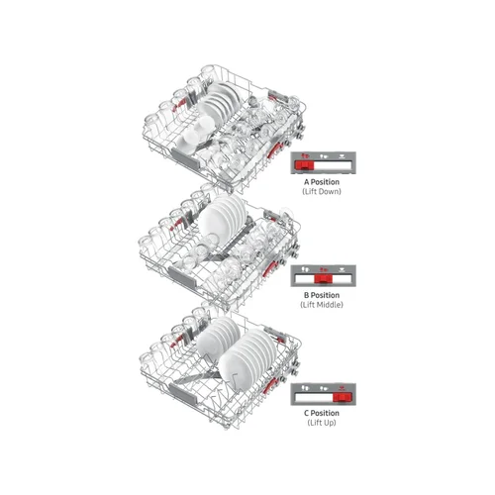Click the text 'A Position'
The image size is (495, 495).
click(x=322, y=182)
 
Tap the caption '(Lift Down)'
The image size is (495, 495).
click(x=322, y=191)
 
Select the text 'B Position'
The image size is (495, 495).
click(x=322, y=295)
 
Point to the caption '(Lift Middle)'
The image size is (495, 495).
click(x=322, y=305)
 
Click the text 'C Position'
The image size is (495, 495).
click(x=322, y=413)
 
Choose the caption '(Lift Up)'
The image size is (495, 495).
click(x=322, y=423)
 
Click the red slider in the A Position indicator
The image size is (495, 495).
click(x=304, y=165)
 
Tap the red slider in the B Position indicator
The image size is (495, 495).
click(x=323, y=279)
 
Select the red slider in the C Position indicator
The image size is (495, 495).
click(x=343, y=397)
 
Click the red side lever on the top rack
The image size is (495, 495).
click(x=274, y=149)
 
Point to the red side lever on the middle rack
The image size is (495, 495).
click(x=269, y=268)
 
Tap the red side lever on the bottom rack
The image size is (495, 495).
click(x=270, y=385)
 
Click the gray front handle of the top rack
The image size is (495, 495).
click(x=185, y=159)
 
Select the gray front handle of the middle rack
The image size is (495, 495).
click(x=182, y=277)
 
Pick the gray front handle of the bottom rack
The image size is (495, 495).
click(x=183, y=394)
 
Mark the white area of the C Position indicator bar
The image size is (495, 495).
click(x=314, y=397)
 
